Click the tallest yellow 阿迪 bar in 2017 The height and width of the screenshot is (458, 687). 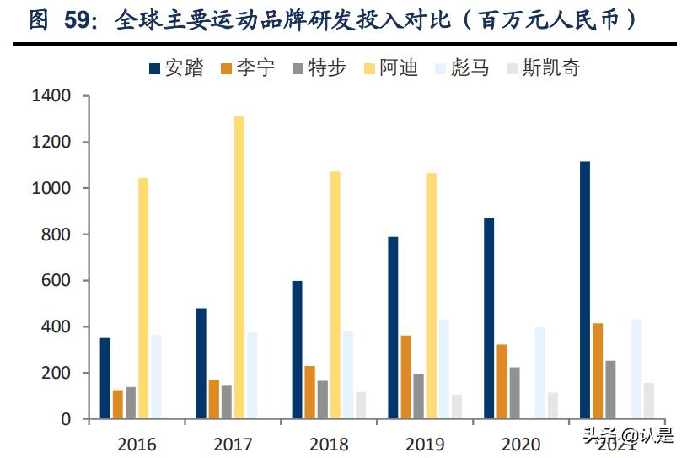tap(239, 267)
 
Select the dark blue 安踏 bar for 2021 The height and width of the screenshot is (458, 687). tap(585, 289)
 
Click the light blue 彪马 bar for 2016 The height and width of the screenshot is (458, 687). tap(156, 376)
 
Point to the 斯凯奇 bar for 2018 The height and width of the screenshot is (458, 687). tap(361, 405)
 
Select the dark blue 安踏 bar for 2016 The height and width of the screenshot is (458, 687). tap(105, 378)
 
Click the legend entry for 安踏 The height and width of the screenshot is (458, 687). tap(177, 68)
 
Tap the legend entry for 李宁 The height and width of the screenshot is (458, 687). tap(248, 68)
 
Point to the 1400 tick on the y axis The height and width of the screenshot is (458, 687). tap(51, 96)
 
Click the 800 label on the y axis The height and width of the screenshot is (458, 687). tap(56, 234)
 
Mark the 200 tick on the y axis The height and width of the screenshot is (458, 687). tap(56, 373)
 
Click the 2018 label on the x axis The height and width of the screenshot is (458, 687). tap(329, 443)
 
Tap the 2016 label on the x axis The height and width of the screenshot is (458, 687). tap(137, 443)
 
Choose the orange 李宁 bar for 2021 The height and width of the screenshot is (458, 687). tap(598, 370)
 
